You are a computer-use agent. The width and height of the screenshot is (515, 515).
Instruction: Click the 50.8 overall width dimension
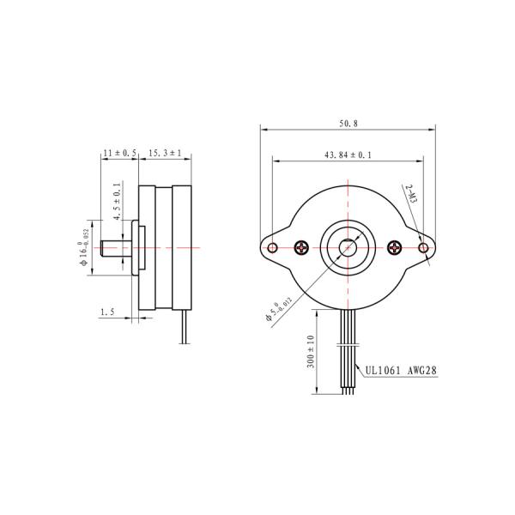coord(348,124)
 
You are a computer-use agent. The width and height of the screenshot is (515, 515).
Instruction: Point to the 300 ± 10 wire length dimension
coord(311,351)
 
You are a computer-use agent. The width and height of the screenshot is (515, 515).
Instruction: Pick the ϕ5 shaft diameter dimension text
coord(280,307)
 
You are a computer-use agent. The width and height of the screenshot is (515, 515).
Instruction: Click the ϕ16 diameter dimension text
coord(85,247)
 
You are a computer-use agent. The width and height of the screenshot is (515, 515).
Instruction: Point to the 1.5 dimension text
coord(107,313)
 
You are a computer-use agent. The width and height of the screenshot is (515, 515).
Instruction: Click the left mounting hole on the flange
coord(272,248)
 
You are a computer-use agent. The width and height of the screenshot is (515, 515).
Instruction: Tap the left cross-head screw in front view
coord(301,248)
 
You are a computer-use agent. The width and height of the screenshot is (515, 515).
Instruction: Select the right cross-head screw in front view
coord(395,248)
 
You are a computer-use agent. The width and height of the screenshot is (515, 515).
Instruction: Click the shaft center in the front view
coord(348,248)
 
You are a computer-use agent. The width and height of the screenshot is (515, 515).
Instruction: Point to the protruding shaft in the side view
coord(115,247)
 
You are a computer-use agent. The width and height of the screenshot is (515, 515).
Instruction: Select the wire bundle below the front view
coord(348,352)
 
